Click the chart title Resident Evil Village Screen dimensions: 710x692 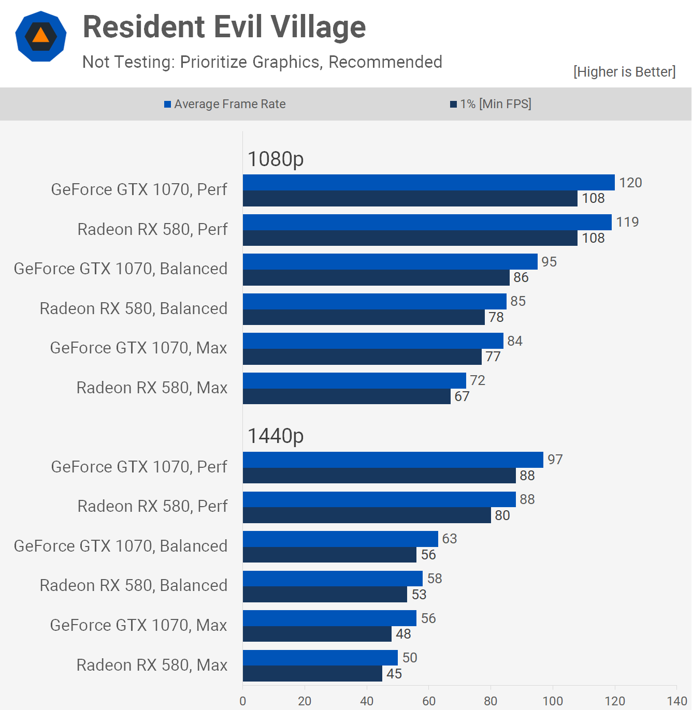point(224,27)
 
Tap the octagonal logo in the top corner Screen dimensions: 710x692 point(41,36)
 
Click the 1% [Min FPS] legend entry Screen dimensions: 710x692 point(491,104)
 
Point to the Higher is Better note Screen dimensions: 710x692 point(624,71)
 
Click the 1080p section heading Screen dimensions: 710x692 point(276,159)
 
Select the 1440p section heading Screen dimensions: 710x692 point(276,436)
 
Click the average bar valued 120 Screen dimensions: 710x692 point(428,183)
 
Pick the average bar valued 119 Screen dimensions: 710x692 point(427,223)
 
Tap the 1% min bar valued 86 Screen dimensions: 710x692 point(376,278)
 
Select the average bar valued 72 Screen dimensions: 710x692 point(354,380)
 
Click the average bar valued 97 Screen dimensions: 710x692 point(393,460)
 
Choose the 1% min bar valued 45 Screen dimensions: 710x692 point(312,674)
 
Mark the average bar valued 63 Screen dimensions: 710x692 point(340,539)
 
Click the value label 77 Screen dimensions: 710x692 point(493,357)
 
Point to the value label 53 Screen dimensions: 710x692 point(419,595)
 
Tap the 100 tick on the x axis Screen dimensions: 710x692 point(553,701)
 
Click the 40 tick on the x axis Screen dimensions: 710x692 point(367,701)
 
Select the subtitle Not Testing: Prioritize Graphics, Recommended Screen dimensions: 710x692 point(262,62)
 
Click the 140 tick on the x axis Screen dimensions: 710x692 point(676,701)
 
